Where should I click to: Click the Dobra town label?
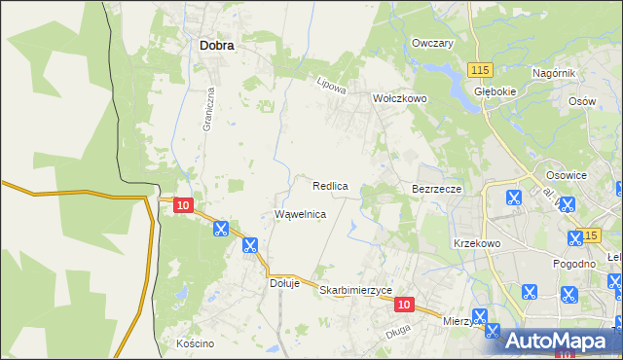pos(216,44)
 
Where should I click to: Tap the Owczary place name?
pos(433,44)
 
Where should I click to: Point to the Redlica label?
pos(331,185)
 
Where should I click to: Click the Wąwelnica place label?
pos(300,214)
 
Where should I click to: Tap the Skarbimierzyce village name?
pos(355,290)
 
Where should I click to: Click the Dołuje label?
pos(285,284)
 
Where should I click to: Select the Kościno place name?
pos(195,343)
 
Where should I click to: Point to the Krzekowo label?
pos(476,243)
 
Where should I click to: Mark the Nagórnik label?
pos(555,74)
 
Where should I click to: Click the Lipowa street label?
pos(332,86)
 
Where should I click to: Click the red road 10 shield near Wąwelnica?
pos(183,206)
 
